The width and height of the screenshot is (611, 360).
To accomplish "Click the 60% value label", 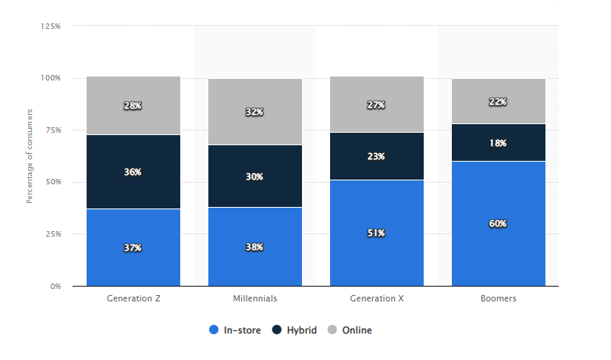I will point(499,223).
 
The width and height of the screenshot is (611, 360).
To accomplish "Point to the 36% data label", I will point(133,172).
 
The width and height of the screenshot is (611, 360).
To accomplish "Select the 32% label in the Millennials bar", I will point(255,112).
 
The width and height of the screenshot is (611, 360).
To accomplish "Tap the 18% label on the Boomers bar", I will point(499,143).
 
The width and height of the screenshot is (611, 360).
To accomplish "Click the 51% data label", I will point(377,233).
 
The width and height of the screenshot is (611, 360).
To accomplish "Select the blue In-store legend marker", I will point(214,330).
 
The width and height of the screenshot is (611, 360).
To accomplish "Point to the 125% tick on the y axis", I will point(51,26).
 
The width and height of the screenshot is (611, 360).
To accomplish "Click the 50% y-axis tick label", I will point(53,182).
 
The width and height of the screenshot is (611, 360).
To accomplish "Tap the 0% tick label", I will point(56,286).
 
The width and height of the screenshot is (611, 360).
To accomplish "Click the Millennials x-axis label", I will point(255,298).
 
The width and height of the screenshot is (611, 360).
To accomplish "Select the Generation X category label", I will point(377,298).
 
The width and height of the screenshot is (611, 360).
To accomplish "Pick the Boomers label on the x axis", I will point(499,298).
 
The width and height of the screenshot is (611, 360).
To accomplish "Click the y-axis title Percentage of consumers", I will point(30,156).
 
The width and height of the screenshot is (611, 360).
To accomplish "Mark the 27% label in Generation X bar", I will point(377,105).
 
